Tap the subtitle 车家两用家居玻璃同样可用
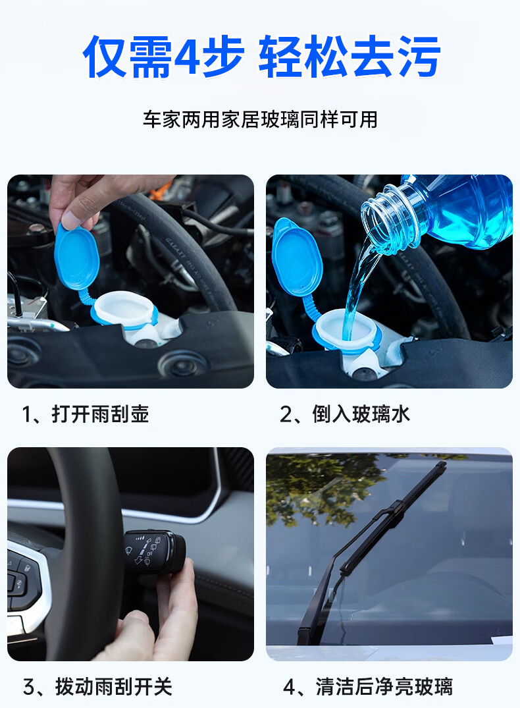pyautogui.click(x=260, y=120)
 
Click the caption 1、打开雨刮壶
pyautogui.click(x=86, y=414)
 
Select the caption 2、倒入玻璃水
pyautogui.click(x=344, y=414)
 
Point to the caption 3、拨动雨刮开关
pyautogui.click(x=97, y=687)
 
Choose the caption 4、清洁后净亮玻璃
pyautogui.click(x=367, y=687)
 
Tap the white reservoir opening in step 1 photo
pyautogui.click(x=124, y=309)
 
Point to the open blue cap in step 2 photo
pyautogui.click(x=297, y=258)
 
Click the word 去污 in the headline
pyautogui.click(x=394, y=57)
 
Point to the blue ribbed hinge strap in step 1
pyautogui.click(x=86, y=298)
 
